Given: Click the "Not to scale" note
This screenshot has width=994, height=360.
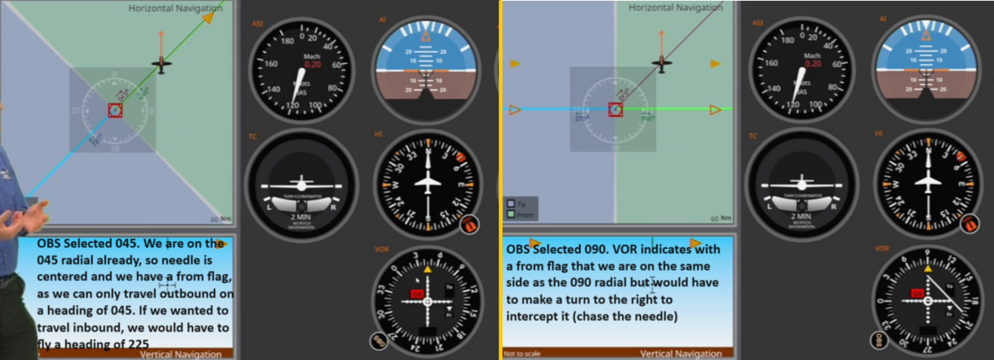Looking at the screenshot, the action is [521, 354].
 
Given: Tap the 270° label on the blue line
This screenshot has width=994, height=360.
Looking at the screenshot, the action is [582, 118].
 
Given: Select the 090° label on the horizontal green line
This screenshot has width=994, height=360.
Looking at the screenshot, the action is [648, 118].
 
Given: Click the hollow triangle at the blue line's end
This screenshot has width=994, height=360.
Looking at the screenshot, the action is [514, 110].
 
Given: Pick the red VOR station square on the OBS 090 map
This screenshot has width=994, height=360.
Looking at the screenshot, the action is [615, 110].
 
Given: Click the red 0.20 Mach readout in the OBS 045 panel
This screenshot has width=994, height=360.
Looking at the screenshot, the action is [313, 64].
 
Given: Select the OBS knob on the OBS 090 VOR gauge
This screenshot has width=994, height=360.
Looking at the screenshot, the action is [880, 341].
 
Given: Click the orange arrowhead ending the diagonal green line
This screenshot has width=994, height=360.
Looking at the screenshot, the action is [209, 16].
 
